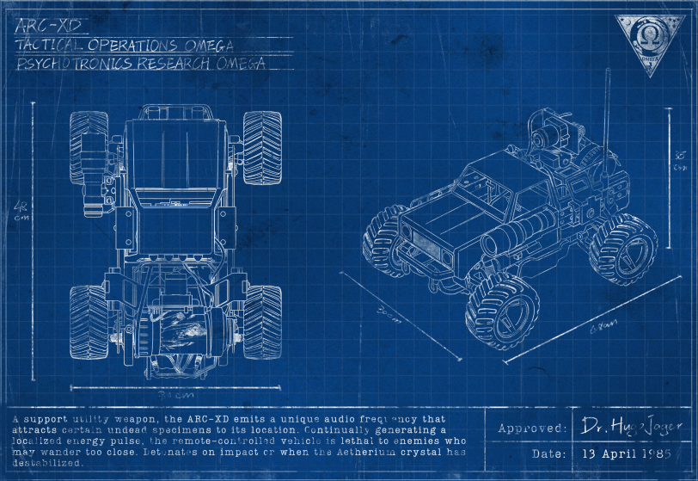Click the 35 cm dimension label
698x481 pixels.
[680, 161]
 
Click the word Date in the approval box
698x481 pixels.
[548, 453]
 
